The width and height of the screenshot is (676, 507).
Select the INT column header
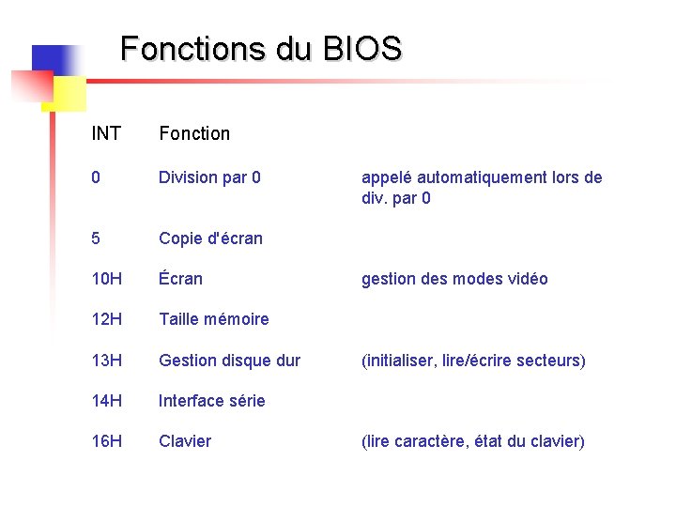[106, 133]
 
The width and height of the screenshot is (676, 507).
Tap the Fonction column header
[194, 133]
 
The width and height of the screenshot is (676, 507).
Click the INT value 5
[96, 238]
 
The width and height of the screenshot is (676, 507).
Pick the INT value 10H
[107, 279]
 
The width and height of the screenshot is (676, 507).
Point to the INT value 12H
[107, 319]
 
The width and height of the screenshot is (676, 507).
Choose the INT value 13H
[107, 361]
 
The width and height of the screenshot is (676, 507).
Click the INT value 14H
[107, 401]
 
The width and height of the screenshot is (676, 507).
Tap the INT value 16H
[107, 441]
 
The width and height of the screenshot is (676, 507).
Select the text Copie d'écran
[210, 238]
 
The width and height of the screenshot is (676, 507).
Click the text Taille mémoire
[214, 319]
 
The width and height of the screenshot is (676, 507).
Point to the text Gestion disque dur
[230, 361]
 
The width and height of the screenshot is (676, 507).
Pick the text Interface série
[212, 401]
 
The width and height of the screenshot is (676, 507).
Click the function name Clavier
[185, 441]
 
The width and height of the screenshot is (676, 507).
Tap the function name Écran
[180, 279]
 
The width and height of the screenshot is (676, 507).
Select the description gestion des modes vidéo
[454, 279]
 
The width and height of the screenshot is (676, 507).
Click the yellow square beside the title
[69, 93]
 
